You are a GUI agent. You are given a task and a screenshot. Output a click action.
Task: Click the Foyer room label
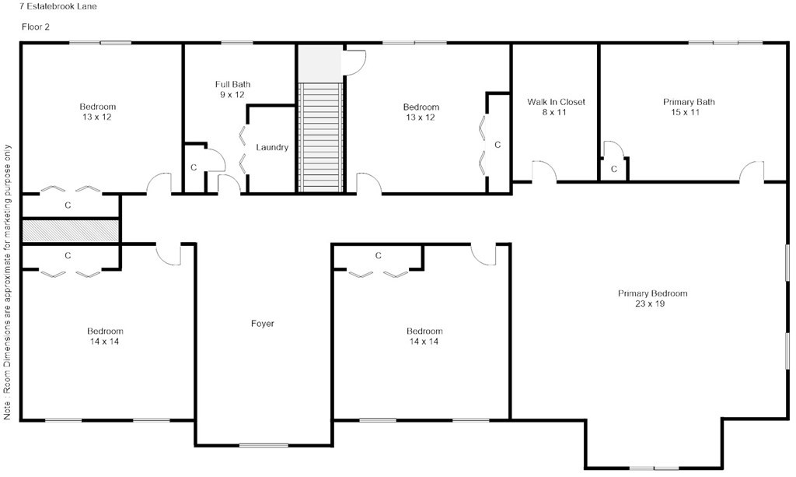point(263,324)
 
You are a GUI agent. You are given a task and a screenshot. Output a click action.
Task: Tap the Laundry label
point(272,148)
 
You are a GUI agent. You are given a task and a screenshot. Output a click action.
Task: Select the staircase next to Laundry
point(320,137)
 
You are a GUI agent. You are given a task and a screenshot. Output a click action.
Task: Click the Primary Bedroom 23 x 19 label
point(653,299)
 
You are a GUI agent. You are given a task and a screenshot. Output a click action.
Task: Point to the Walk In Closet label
point(556,107)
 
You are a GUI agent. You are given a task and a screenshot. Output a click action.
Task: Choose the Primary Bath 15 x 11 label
point(689,107)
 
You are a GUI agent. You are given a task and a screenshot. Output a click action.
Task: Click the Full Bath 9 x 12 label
point(232,89)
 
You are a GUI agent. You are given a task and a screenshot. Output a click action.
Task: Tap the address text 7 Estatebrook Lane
point(53,6)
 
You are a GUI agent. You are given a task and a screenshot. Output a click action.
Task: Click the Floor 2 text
point(35,26)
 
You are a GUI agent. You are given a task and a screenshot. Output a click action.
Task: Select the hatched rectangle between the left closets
point(70,230)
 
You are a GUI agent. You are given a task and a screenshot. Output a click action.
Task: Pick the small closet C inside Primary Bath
point(613,168)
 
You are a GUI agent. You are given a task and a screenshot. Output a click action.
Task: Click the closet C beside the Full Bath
point(194,167)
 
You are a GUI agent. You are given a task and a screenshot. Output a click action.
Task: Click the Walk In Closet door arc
point(543,171)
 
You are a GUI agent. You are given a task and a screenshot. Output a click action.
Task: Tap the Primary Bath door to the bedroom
point(751,173)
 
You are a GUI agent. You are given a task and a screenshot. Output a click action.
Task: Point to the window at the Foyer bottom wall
point(264,445)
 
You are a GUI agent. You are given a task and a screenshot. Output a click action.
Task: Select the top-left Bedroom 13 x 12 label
point(98,112)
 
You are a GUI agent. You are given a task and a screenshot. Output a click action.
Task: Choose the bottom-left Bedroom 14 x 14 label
point(105,336)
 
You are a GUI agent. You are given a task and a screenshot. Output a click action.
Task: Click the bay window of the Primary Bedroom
point(653,468)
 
